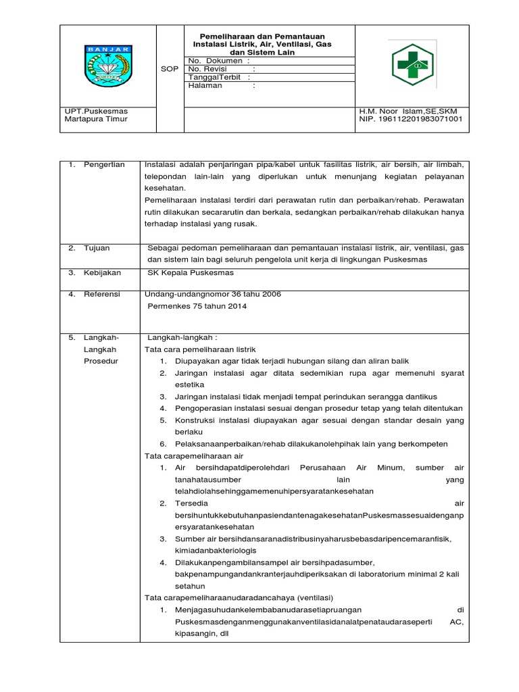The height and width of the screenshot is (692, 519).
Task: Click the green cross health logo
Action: (412, 66)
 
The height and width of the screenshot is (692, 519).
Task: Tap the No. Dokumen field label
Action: (215, 60)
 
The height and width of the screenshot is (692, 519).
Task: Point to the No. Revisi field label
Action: (211, 69)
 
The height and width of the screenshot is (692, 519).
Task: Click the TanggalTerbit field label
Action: (215, 77)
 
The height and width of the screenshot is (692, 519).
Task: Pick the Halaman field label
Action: (205, 86)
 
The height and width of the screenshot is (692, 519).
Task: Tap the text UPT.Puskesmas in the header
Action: (95, 110)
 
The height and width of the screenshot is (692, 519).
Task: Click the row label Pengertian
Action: (104, 166)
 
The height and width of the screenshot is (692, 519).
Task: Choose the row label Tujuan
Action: (97, 248)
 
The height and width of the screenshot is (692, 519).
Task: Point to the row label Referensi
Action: (101, 294)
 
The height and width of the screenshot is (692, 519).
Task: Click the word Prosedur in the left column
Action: (101, 361)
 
